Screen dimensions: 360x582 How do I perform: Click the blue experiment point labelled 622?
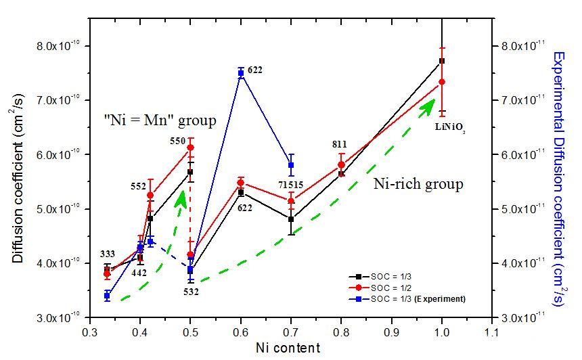(241, 72)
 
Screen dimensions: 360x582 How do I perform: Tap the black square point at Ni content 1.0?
(442, 61)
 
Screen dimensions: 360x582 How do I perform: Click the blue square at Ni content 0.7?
(291, 165)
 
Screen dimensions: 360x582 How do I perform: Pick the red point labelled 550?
(191, 148)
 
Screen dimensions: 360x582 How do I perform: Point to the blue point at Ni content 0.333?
(107, 296)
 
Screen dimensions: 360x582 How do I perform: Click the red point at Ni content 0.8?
(341, 164)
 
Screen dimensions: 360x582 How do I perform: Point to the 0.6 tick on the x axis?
(241, 332)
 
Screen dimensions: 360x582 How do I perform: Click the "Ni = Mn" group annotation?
(160, 121)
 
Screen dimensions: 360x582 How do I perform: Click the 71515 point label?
(284, 185)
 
